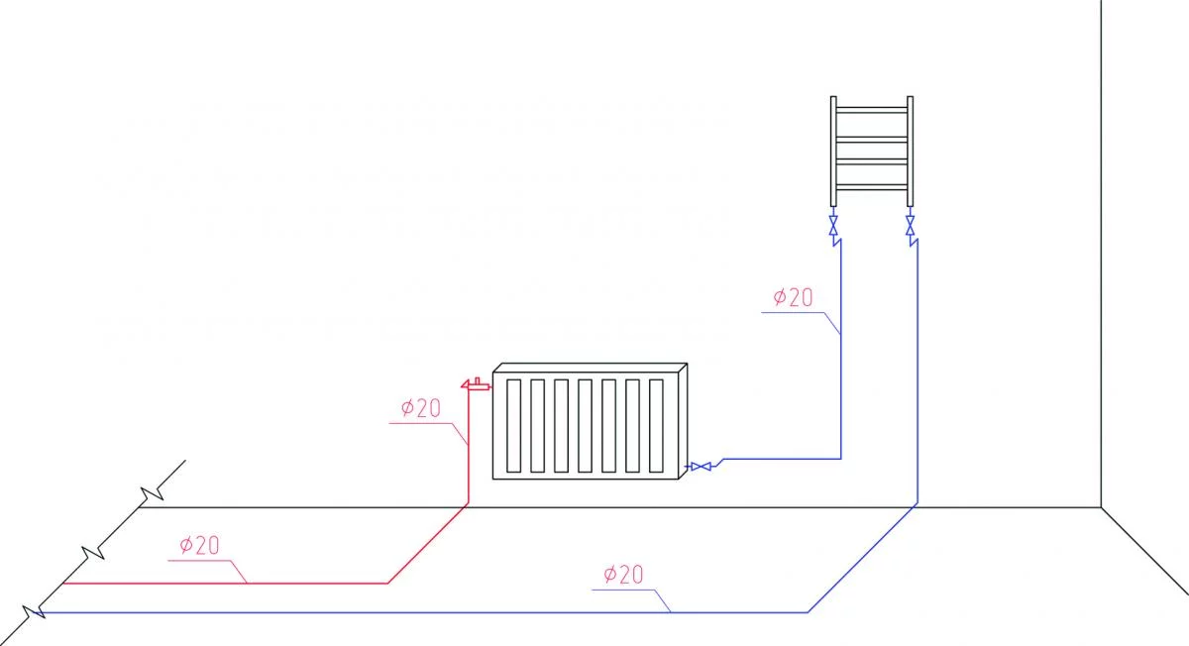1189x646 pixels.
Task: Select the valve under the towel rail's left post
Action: click(833, 222)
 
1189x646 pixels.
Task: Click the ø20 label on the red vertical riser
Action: click(420, 408)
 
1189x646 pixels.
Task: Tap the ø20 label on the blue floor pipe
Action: click(623, 574)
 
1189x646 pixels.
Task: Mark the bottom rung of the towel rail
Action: click(871, 185)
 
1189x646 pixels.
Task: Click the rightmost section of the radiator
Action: click(658, 425)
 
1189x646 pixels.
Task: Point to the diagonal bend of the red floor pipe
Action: click(427, 545)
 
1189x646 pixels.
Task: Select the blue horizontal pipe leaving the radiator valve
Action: click(783, 459)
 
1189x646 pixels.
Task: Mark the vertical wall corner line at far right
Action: click(1102, 248)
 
